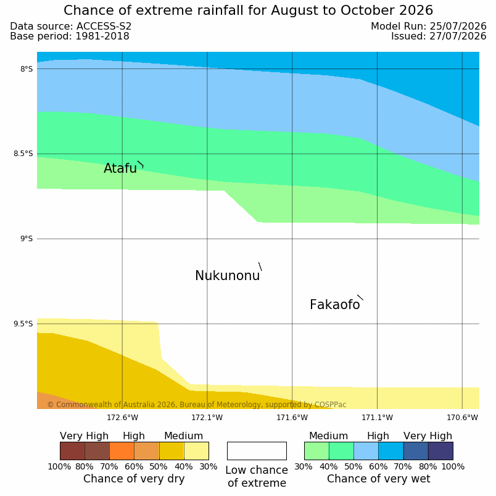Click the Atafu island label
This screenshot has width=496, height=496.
click(x=120, y=168)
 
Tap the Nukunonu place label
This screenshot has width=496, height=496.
click(x=228, y=276)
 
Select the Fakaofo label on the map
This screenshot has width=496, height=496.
click(x=334, y=305)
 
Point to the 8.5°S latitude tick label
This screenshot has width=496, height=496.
click(x=23, y=154)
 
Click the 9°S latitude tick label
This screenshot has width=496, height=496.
click(x=27, y=239)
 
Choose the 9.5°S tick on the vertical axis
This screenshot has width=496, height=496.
click(x=23, y=324)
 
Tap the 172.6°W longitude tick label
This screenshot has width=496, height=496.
click(x=122, y=418)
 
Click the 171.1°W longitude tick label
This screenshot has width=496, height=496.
click(x=377, y=418)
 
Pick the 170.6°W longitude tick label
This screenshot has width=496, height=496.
click(x=462, y=418)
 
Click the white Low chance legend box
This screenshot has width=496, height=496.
click(x=257, y=451)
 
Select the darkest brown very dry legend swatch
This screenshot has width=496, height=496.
click(x=72, y=451)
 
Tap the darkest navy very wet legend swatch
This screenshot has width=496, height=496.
click(x=440, y=451)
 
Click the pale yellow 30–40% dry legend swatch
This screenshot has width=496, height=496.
click(x=196, y=451)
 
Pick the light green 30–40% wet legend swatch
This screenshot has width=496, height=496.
click(x=316, y=451)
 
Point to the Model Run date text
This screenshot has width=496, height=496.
click(x=429, y=27)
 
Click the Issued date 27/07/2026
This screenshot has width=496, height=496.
click(x=458, y=36)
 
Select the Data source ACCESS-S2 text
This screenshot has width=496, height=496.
click(x=70, y=27)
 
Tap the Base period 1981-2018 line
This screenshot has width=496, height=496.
click(x=70, y=36)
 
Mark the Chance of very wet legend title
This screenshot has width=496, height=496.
click(x=379, y=479)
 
